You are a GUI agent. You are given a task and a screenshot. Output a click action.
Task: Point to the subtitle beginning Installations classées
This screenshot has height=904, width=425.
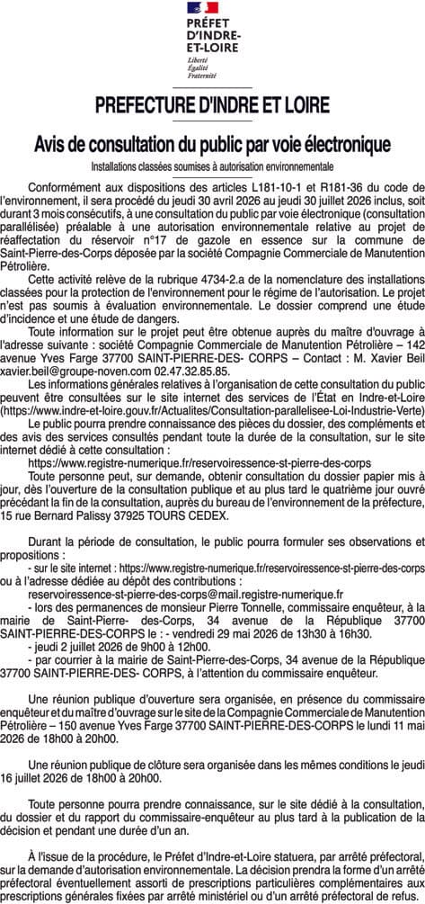[212, 166]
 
